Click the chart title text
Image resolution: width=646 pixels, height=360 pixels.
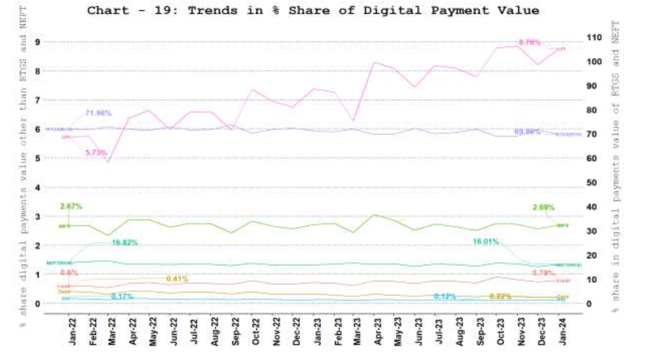point(313,11)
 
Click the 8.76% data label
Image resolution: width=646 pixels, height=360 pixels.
point(529,43)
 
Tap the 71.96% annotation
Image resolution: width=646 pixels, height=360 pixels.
point(99,113)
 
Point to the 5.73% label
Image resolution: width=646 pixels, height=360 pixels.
point(96,152)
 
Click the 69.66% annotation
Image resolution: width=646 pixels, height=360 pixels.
point(527,131)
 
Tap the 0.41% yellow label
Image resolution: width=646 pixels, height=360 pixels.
point(177,279)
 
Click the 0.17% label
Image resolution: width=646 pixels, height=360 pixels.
point(122,297)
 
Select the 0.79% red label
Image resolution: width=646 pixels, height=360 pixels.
point(543,272)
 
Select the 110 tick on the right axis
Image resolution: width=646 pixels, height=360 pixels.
point(594,36)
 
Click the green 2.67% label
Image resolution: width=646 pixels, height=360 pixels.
point(71,206)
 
